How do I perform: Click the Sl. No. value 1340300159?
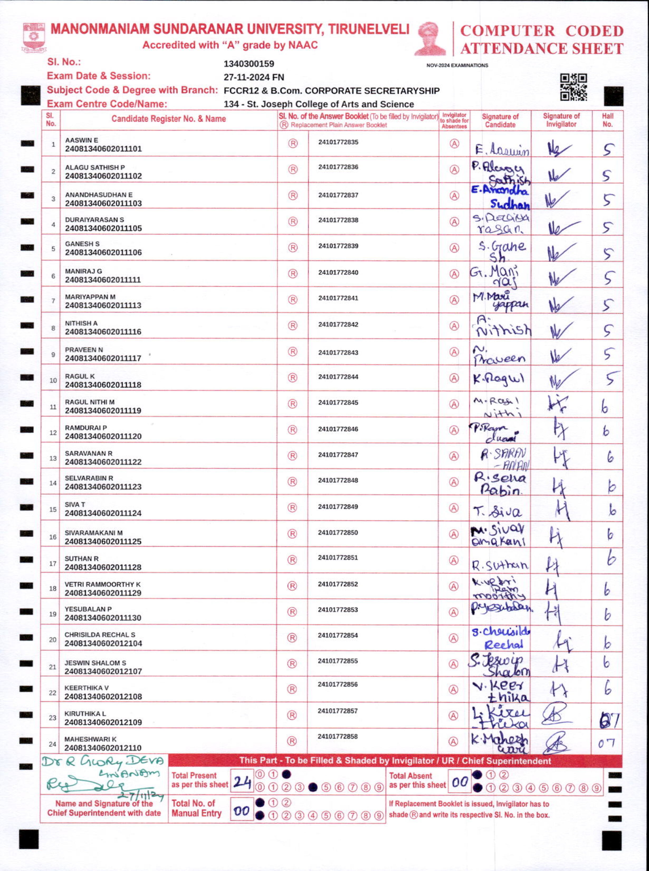pyautogui.click(x=249, y=64)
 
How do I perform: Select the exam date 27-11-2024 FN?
pyautogui.click(x=254, y=77)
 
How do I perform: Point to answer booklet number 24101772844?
pyautogui.click(x=338, y=377)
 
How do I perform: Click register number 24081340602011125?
pyautogui.click(x=103, y=541)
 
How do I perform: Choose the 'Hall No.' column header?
pyautogui.click(x=607, y=120)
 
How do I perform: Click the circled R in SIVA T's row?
pyautogui.click(x=292, y=508)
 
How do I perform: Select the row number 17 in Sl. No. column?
pyautogui.click(x=53, y=564)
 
